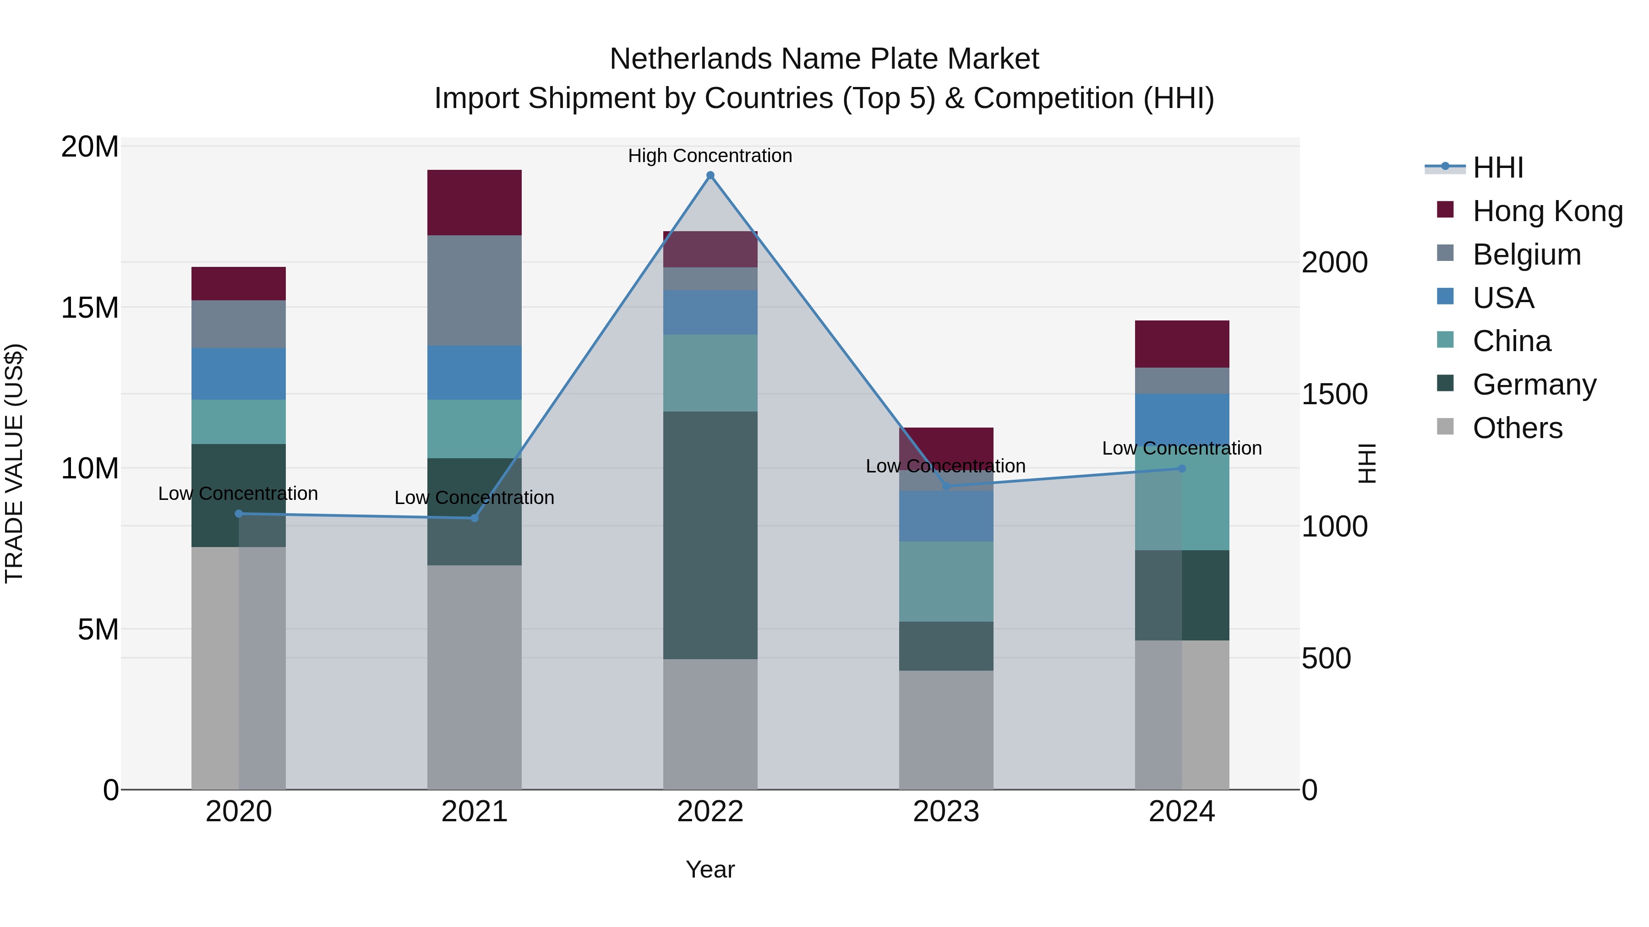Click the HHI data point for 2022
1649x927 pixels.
click(710, 175)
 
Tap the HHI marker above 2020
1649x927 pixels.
click(239, 514)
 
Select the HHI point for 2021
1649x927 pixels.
click(475, 518)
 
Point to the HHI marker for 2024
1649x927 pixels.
click(1182, 469)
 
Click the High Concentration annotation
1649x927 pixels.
click(710, 156)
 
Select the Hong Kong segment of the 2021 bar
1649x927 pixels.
click(475, 203)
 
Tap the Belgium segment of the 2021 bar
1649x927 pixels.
click(475, 290)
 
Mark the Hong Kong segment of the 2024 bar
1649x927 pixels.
click(1182, 344)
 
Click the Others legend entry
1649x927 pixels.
click(1517, 428)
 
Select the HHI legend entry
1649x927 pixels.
click(1498, 168)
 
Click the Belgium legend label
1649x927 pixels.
click(1527, 255)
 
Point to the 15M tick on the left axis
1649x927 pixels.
click(90, 308)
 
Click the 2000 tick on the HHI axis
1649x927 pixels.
click(1335, 262)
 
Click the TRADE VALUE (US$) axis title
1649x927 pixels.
click(14, 463)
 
